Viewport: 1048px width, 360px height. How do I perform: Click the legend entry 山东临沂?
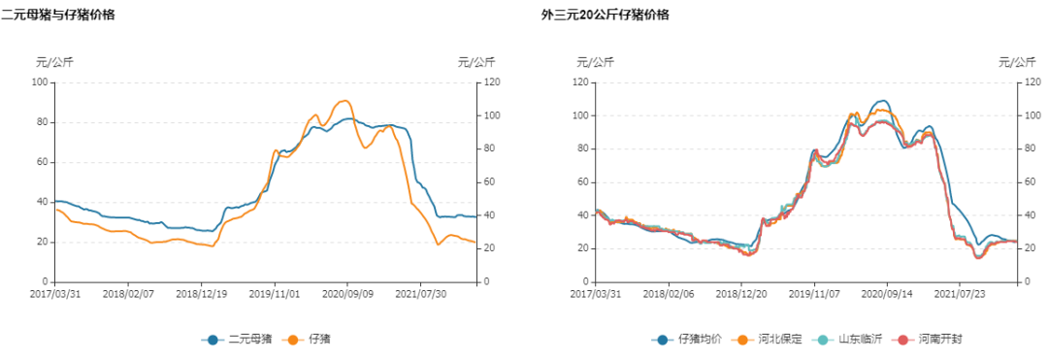click(852, 340)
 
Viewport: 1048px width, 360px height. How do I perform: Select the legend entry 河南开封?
click(933, 340)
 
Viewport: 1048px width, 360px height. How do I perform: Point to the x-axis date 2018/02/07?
click(128, 292)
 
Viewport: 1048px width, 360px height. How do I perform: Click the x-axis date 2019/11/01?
click(274, 292)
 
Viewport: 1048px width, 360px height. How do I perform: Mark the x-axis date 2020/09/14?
click(886, 292)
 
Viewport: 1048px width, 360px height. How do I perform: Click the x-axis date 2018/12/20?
click(741, 292)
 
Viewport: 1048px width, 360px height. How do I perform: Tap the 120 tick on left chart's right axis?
click(493, 82)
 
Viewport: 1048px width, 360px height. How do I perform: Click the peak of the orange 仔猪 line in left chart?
click(345, 100)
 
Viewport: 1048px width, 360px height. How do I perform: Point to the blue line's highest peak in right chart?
click(882, 100)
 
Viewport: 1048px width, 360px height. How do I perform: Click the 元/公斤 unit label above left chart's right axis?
click(475, 62)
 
